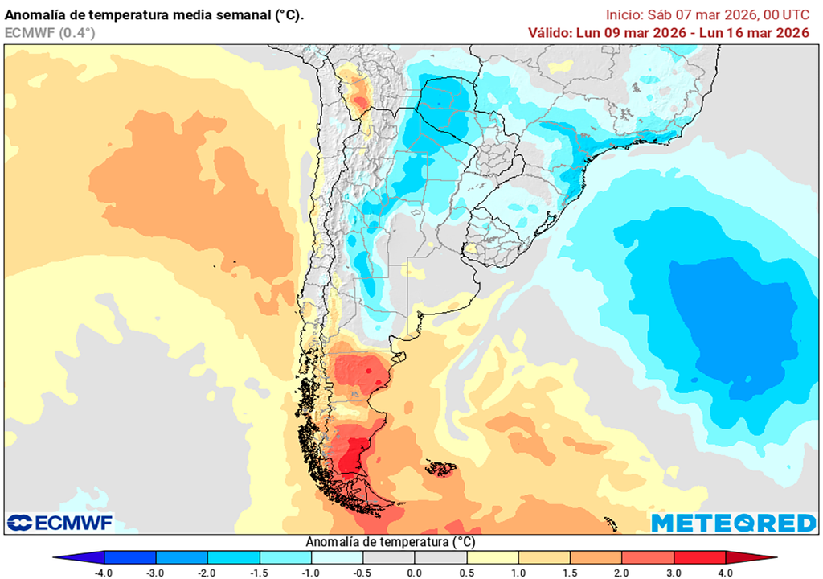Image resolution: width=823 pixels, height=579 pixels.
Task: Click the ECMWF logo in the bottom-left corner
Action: [x=60, y=523]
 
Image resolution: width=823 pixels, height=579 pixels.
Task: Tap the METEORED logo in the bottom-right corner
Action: [x=733, y=524]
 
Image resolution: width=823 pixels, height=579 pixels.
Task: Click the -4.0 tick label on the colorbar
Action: [x=104, y=573]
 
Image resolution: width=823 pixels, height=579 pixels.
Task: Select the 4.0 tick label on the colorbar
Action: [x=725, y=573]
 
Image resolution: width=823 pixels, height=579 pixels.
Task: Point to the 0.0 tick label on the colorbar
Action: [x=414, y=573]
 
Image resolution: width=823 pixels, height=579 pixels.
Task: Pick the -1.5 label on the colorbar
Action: [x=259, y=573]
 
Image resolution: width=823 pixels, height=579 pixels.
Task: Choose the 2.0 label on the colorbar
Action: [x=621, y=573]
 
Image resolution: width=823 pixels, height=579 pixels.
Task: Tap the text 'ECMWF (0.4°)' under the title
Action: [x=50, y=33]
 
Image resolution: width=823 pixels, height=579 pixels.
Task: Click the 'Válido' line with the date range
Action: [x=668, y=33]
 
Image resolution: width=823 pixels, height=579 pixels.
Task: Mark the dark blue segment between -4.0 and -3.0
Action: [x=130, y=557]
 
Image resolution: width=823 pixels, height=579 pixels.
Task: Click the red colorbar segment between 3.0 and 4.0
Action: [x=698, y=557]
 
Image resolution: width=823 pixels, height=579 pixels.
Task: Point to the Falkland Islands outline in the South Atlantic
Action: [x=440, y=468]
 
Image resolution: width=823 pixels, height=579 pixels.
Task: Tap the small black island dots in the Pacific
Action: [x=225, y=263]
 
